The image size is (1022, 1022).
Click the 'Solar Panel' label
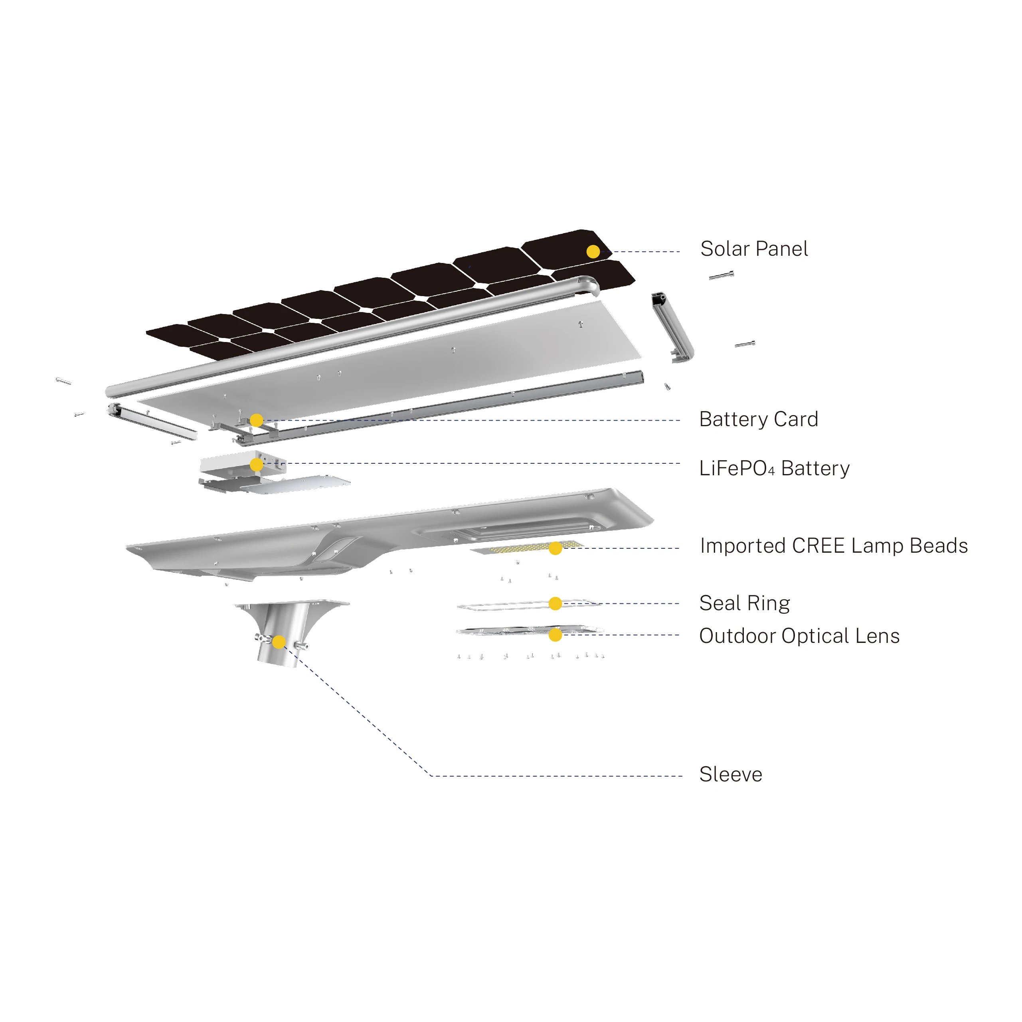(754, 249)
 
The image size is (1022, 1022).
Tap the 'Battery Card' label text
(759, 419)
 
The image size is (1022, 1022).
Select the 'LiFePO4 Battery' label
(774, 468)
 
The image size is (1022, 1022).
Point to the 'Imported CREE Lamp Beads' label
(834, 546)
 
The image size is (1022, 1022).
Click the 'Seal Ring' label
(744, 603)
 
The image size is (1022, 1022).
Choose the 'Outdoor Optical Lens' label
(799, 636)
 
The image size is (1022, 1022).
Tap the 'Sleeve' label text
(731, 775)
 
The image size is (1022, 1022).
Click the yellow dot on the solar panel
(593, 252)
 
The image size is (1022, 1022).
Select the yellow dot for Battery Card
(257, 421)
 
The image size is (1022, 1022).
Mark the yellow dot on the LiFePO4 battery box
(257, 465)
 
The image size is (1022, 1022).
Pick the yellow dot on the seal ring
(555, 603)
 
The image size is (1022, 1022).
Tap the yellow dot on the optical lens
(555, 635)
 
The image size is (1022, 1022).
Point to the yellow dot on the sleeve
(279, 642)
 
